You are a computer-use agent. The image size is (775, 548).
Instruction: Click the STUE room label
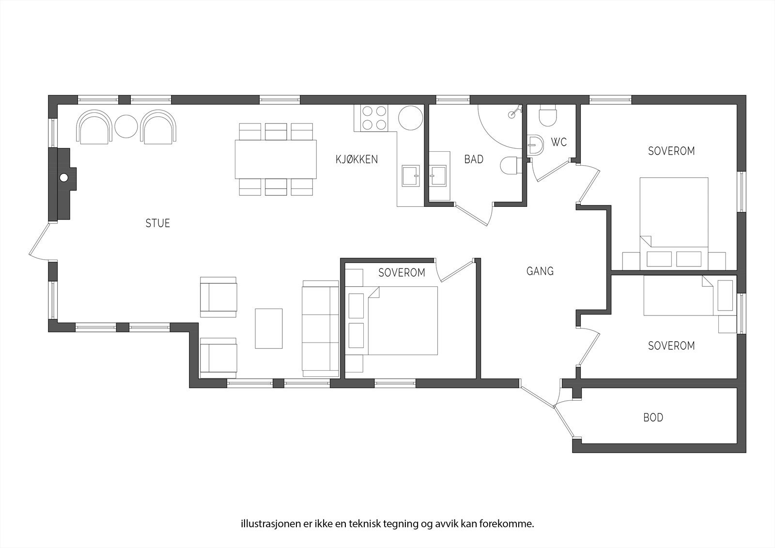point(158,223)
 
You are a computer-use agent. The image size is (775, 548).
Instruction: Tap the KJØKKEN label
point(356,159)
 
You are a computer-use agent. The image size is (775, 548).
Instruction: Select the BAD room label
point(474,159)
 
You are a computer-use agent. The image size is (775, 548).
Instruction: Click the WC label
point(559,143)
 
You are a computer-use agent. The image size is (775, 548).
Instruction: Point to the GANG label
point(540,271)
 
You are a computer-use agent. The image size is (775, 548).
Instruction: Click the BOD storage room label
point(653,418)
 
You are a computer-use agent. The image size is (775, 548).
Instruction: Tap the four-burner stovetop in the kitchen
point(374,118)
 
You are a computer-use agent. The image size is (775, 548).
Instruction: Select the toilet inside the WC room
point(548,116)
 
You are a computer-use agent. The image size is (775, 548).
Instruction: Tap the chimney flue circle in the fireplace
point(64,178)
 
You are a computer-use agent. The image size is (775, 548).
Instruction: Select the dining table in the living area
point(276,159)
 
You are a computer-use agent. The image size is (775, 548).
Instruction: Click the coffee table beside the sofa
point(269,329)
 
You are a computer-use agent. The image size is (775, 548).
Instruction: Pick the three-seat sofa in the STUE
point(320,329)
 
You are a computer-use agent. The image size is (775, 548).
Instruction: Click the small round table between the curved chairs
point(127,127)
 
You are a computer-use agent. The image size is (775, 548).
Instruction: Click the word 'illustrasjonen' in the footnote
point(262,524)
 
